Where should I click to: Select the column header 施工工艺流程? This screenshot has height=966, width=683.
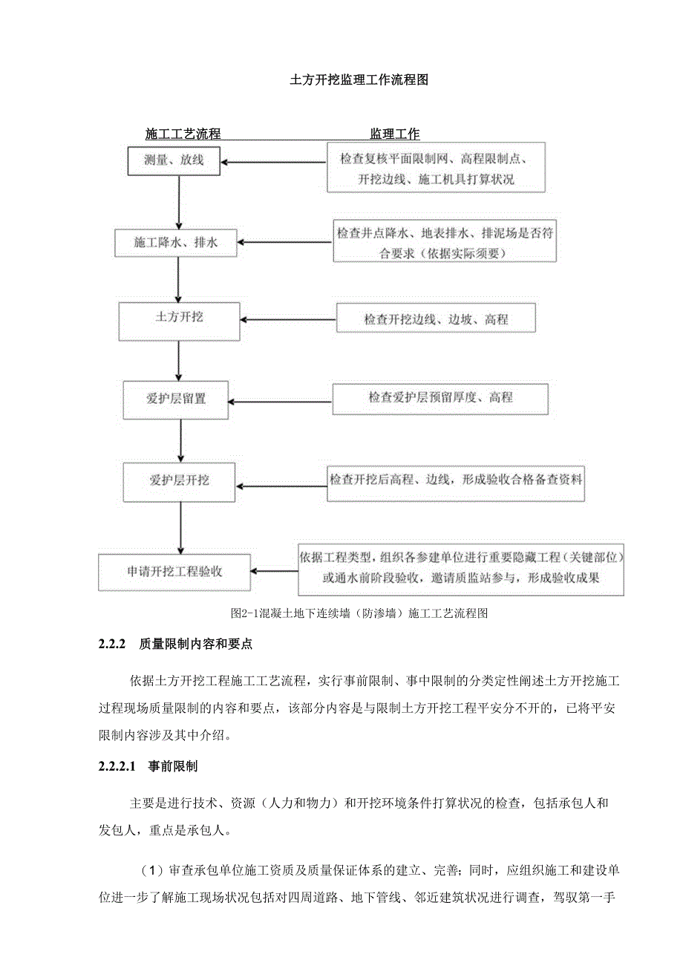click(x=183, y=134)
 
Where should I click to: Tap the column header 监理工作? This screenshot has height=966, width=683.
click(x=395, y=134)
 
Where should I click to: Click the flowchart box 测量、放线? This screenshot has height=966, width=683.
click(x=174, y=159)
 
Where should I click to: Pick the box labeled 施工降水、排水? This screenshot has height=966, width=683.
click(x=176, y=242)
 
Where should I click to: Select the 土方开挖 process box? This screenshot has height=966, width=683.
click(x=179, y=317)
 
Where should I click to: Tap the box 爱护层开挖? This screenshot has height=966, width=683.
click(x=179, y=480)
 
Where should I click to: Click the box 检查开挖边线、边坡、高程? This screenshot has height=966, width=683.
click(x=436, y=319)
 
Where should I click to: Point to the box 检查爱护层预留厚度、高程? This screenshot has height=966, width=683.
click(x=439, y=399)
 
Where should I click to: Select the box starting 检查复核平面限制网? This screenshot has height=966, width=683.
click(x=437, y=168)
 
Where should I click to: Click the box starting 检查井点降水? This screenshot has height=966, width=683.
click(x=444, y=243)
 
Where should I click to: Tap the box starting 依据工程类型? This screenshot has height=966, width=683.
click(x=460, y=568)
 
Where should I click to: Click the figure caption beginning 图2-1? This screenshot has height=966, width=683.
click(x=359, y=613)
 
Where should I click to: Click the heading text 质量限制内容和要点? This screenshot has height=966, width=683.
click(x=196, y=644)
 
